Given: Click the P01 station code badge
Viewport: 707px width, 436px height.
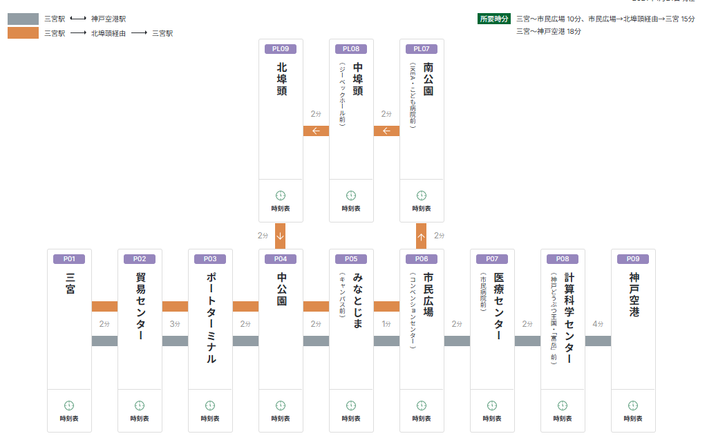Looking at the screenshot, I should [69, 259].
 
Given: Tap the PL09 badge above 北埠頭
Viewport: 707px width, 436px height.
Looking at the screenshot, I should [281, 49].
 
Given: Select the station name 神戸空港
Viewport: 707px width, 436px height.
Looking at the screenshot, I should [633, 295].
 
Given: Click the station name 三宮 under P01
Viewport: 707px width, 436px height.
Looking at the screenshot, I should [69, 284].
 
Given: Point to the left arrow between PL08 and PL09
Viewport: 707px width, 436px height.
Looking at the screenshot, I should [316, 131].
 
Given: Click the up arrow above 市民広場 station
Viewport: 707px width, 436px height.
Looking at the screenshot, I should [422, 236].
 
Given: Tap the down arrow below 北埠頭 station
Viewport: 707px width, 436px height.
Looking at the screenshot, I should [281, 236].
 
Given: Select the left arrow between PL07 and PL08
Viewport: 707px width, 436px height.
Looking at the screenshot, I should [386, 131].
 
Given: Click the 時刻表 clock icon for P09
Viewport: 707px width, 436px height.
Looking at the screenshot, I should [633, 406].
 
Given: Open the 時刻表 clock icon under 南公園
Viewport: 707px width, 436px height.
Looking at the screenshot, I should [422, 196].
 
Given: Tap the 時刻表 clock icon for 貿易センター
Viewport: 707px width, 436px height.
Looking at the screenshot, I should [140, 406].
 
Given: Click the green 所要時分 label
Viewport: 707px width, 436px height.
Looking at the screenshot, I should [493, 19].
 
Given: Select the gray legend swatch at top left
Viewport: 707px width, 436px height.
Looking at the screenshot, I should [23, 19].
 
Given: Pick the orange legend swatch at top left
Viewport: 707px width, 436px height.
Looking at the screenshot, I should [23, 32].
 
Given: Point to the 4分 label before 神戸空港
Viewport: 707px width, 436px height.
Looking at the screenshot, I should [598, 323].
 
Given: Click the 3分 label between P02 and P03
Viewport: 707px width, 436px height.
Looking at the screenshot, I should [175, 323].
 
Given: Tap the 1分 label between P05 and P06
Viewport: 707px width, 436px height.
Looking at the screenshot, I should [386, 323].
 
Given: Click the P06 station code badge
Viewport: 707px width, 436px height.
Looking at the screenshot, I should [422, 259].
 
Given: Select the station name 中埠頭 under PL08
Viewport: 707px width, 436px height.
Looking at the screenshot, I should [358, 79].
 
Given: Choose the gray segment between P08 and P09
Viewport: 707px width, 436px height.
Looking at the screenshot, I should [598, 341].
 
